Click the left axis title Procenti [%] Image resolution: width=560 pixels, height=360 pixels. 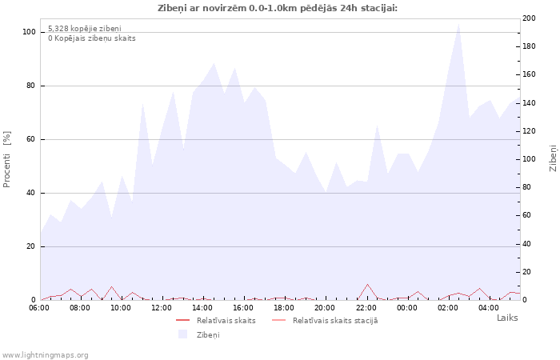point(7,159)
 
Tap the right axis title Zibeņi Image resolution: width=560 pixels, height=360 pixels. point(553,158)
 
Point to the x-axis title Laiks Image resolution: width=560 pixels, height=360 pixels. point(507,318)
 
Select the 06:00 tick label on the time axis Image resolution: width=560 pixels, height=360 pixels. point(38,307)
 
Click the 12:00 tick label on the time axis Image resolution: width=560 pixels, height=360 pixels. point(162,307)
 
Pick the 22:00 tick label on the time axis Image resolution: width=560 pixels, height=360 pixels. point(366,307)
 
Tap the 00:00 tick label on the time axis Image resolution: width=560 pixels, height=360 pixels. point(407,307)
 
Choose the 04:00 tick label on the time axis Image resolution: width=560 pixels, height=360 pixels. point(489,307)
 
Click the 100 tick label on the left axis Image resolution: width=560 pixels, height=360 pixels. point(29,32)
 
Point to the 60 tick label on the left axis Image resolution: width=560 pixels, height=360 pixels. point(31,139)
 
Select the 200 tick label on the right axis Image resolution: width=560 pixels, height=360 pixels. point(529,18)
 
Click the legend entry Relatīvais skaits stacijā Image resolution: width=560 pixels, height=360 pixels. point(334,320)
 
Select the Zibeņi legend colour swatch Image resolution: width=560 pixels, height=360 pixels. point(182,334)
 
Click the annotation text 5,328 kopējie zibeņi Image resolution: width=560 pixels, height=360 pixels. point(85,28)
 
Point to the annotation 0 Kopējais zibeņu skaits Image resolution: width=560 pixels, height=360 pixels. point(91,38)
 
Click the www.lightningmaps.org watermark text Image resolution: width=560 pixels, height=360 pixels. point(46,354)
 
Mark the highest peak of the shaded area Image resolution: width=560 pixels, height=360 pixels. point(459,23)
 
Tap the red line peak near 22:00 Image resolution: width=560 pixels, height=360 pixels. point(367,284)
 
